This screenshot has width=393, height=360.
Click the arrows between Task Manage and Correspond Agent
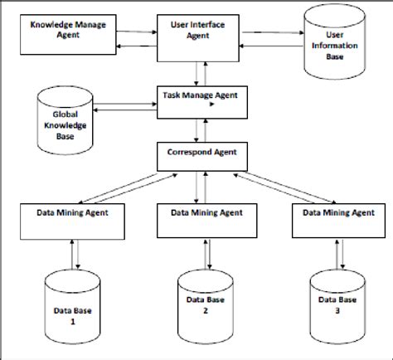click(x=196, y=128)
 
